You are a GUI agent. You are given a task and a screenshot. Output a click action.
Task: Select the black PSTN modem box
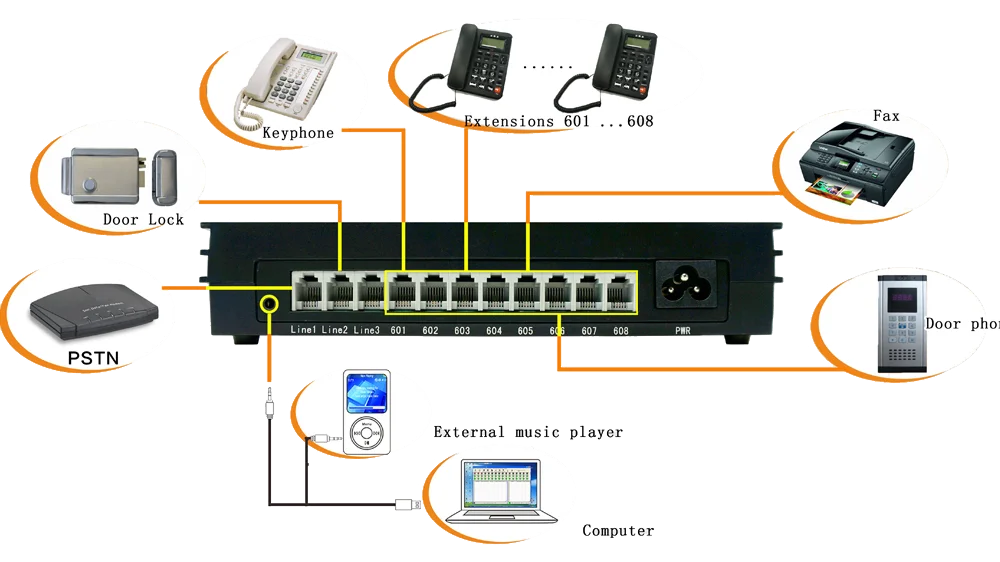click(89, 309)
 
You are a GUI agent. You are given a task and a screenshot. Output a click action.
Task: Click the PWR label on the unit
click(684, 331)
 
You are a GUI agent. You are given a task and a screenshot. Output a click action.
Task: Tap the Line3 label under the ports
click(366, 330)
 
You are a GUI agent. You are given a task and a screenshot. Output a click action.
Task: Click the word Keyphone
click(298, 132)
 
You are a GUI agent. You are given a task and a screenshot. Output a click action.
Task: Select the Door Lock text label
click(144, 219)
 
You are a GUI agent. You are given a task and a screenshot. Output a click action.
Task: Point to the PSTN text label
click(93, 357)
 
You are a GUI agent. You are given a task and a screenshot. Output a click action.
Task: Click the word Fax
click(886, 116)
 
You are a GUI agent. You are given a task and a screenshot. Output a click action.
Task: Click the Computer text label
click(619, 530)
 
